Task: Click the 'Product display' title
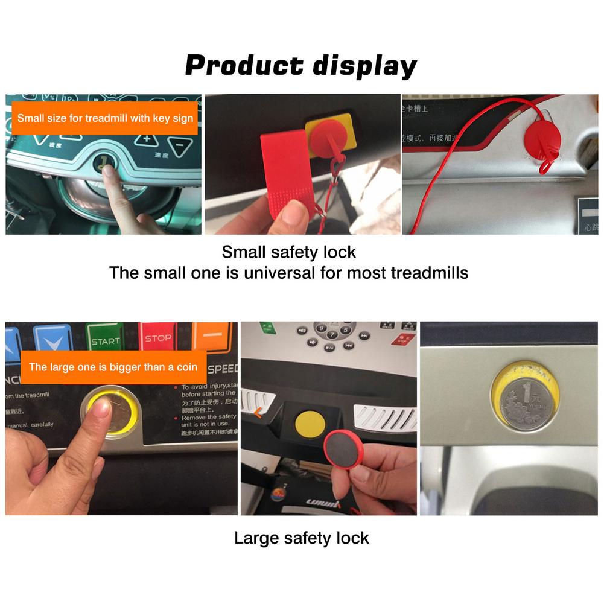(300, 65)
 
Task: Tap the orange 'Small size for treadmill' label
(105, 118)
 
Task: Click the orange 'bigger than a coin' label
(113, 367)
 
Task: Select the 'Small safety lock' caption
(288, 252)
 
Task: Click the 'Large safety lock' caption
(301, 538)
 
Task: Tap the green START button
(105, 339)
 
